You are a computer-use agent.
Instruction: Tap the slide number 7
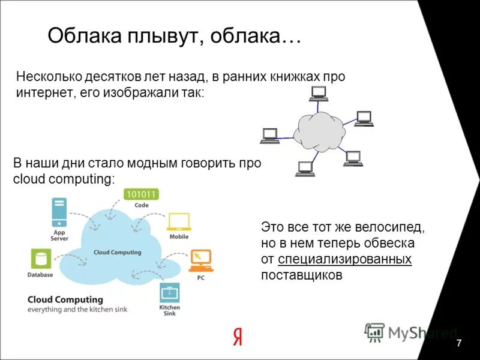click(x=458, y=343)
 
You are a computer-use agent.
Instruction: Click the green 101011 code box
click(x=141, y=194)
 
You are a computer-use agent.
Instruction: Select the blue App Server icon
click(x=59, y=211)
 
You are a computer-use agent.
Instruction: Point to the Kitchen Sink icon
click(x=169, y=293)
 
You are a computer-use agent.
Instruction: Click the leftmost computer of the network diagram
click(x=269, y=136)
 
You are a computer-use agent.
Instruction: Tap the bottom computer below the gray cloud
click(x=305, y=169)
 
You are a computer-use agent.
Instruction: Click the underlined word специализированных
click(x=345, y=259)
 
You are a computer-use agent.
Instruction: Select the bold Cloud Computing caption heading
click(x=65, y=299)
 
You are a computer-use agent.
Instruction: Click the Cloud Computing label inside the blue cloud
click(x=118, y=252)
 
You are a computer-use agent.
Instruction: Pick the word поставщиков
click(x=302, y=275)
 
